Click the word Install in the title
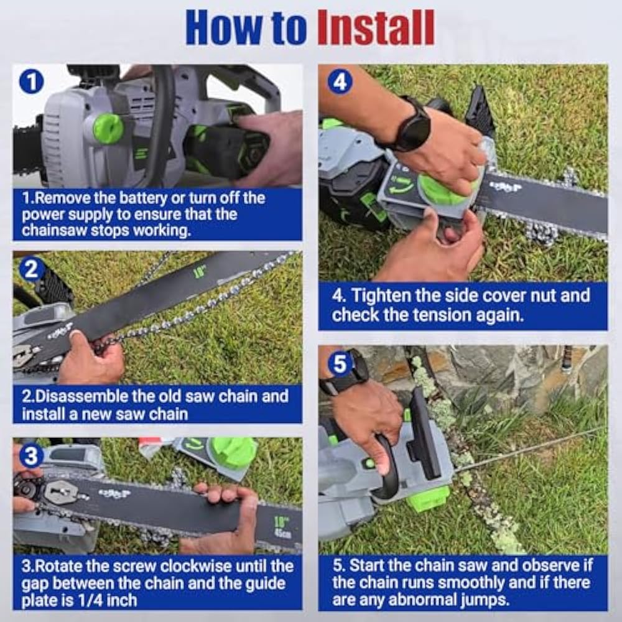click(x=376, y=28)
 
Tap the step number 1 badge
click(x=31, y=81)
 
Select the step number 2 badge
click(x=31, y=269)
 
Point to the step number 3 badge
click(x=31, y=456)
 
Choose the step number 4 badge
click(x=340, y=81)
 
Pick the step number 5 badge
click(x=340, y=364)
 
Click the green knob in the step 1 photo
click(x=108, y=128)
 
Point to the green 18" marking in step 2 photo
click(x=199, y=272)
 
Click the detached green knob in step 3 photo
click(x=234, y=452)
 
